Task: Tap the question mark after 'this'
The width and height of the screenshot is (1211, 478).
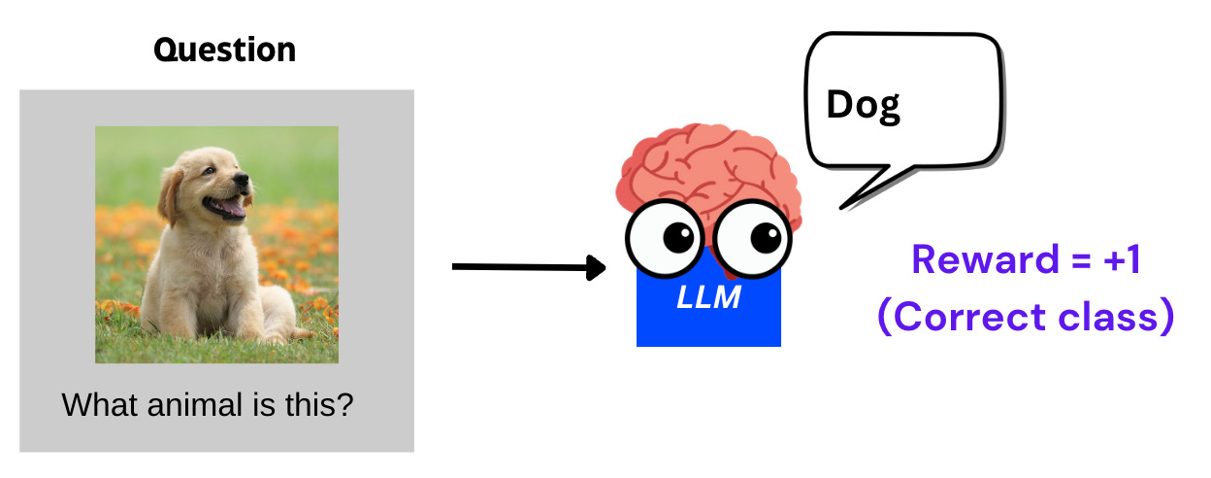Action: (x=343, y=404)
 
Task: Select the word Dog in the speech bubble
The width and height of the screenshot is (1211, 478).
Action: (x=863, y=105)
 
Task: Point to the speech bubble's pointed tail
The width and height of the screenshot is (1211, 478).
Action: (x=858, y=194)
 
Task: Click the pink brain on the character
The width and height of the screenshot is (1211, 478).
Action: (x=708, y=170)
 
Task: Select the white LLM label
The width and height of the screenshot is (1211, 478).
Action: (x=708, y=298)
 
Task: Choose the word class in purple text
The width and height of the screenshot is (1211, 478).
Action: (x=1117, y=318)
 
